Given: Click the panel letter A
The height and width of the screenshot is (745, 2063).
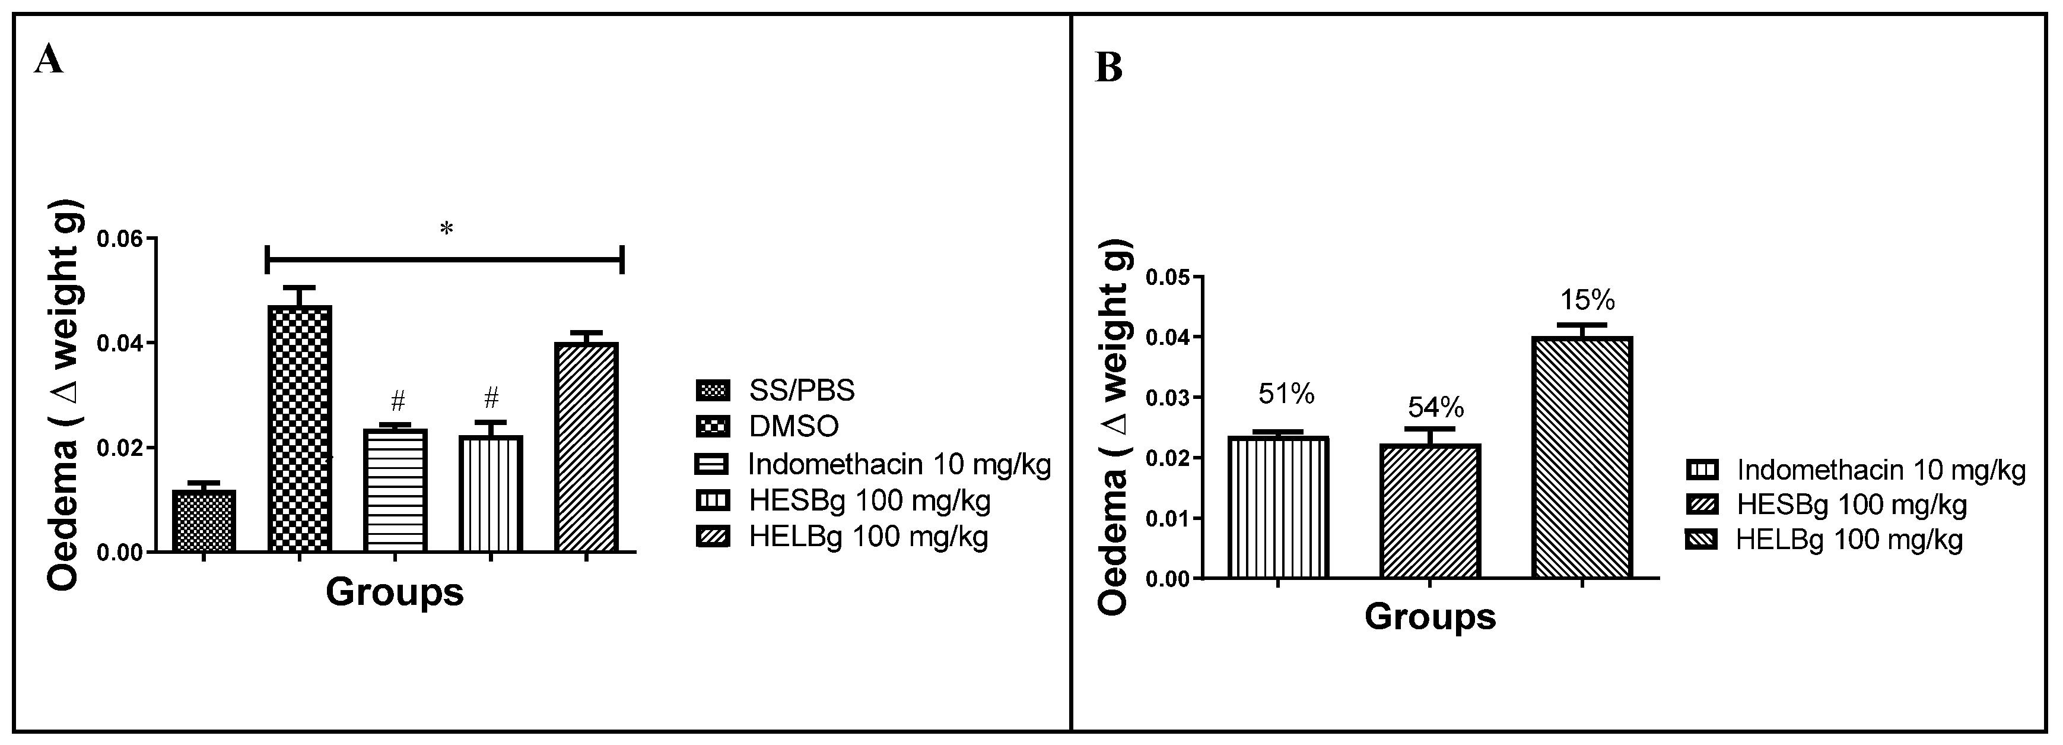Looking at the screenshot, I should point(48,59).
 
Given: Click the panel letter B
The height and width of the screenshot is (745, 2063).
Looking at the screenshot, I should point(1108,69).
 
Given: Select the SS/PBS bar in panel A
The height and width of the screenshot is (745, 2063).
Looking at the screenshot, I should point(204,521).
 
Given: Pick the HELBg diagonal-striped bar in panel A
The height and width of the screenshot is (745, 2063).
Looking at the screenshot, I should point(586,447).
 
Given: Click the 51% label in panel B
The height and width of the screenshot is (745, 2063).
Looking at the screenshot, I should point(1285,394).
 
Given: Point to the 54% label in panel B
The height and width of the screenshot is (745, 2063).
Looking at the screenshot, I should point(1436,408).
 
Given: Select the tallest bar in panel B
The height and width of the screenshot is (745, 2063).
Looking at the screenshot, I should point(1582,456).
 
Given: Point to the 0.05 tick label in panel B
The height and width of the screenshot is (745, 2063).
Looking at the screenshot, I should point(1168,277).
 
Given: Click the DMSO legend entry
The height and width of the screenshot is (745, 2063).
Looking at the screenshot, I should point(767,426).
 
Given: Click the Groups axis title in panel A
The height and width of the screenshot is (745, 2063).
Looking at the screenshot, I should point(395,593).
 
